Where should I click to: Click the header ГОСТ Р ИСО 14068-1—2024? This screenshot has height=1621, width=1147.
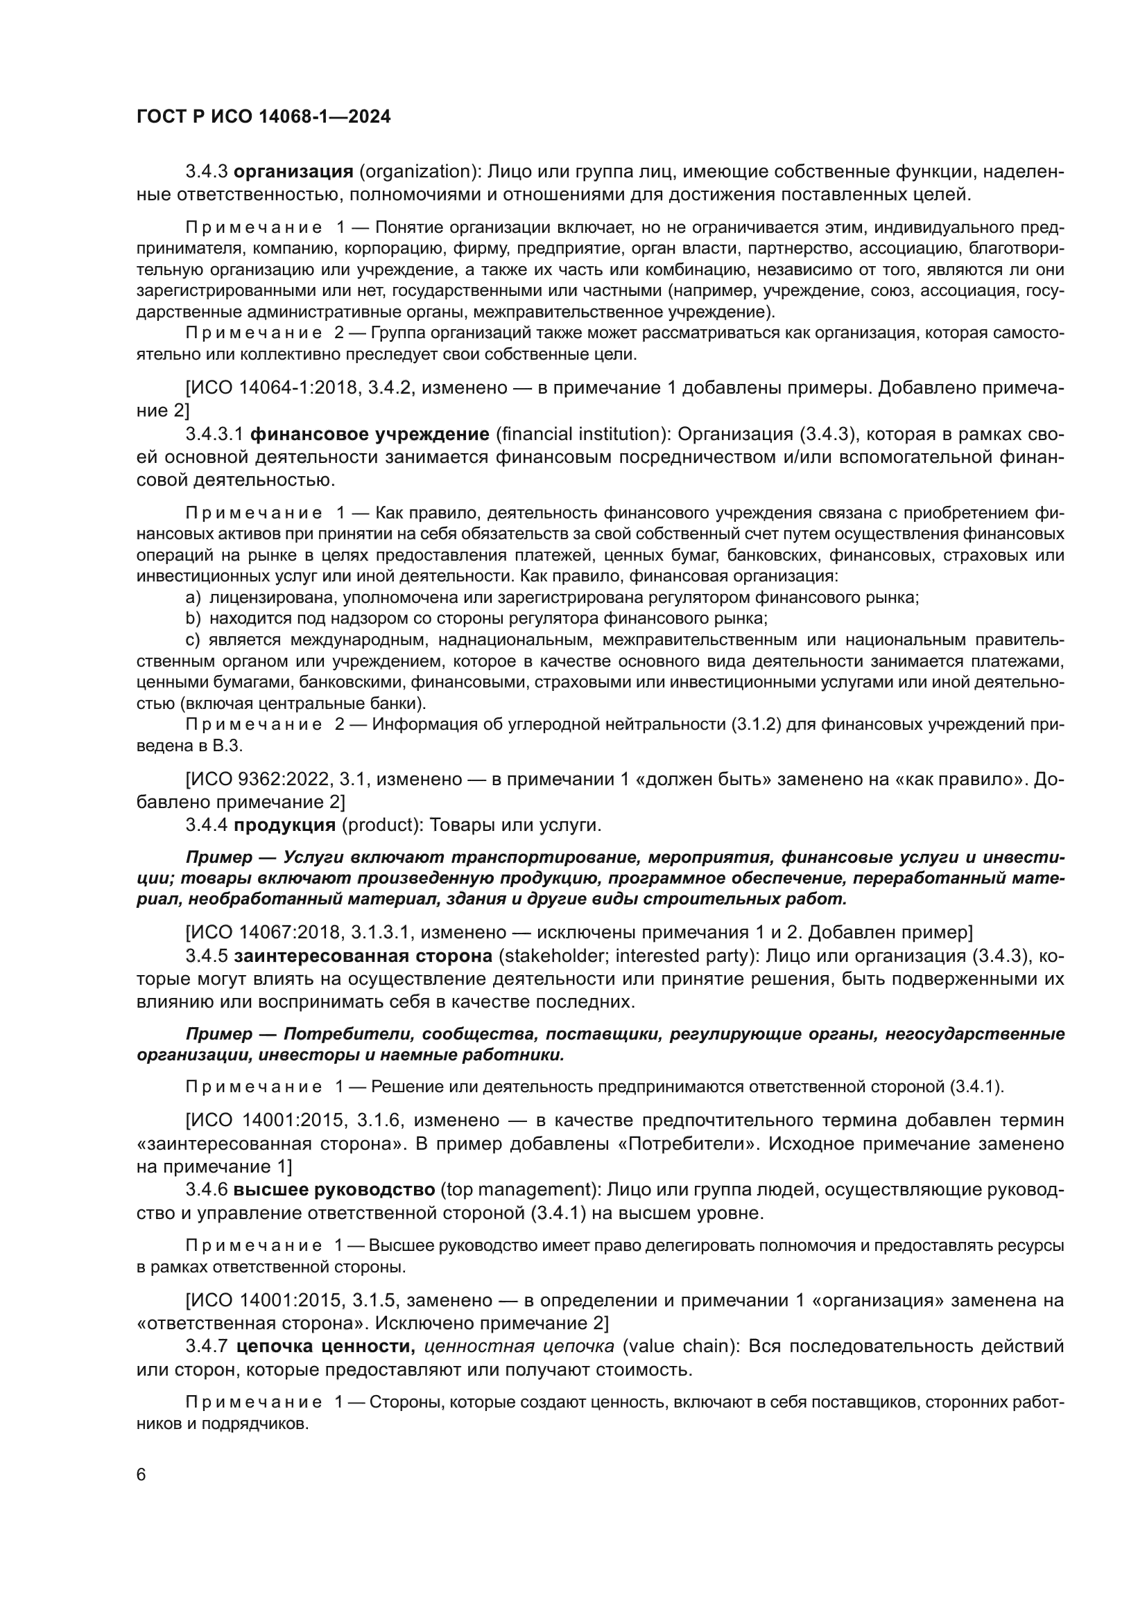[x=264, y=117]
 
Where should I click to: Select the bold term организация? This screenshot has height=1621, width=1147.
[x=293, y=172]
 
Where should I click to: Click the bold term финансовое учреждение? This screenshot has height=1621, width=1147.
[x=370, y=435]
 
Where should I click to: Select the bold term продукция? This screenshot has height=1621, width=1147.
[x=284, y=825]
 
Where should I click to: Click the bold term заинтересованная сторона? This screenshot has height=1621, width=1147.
[x=363, y=956]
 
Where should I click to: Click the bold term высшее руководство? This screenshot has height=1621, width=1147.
[x=334, y=1190]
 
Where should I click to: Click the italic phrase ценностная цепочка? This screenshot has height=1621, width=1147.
[x=519, y=1347]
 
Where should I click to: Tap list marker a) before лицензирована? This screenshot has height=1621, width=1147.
[x=193, y=598]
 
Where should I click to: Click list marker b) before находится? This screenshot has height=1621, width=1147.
[x=193, y=619]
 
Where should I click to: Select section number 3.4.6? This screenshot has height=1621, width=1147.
[x=206, y=1190]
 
